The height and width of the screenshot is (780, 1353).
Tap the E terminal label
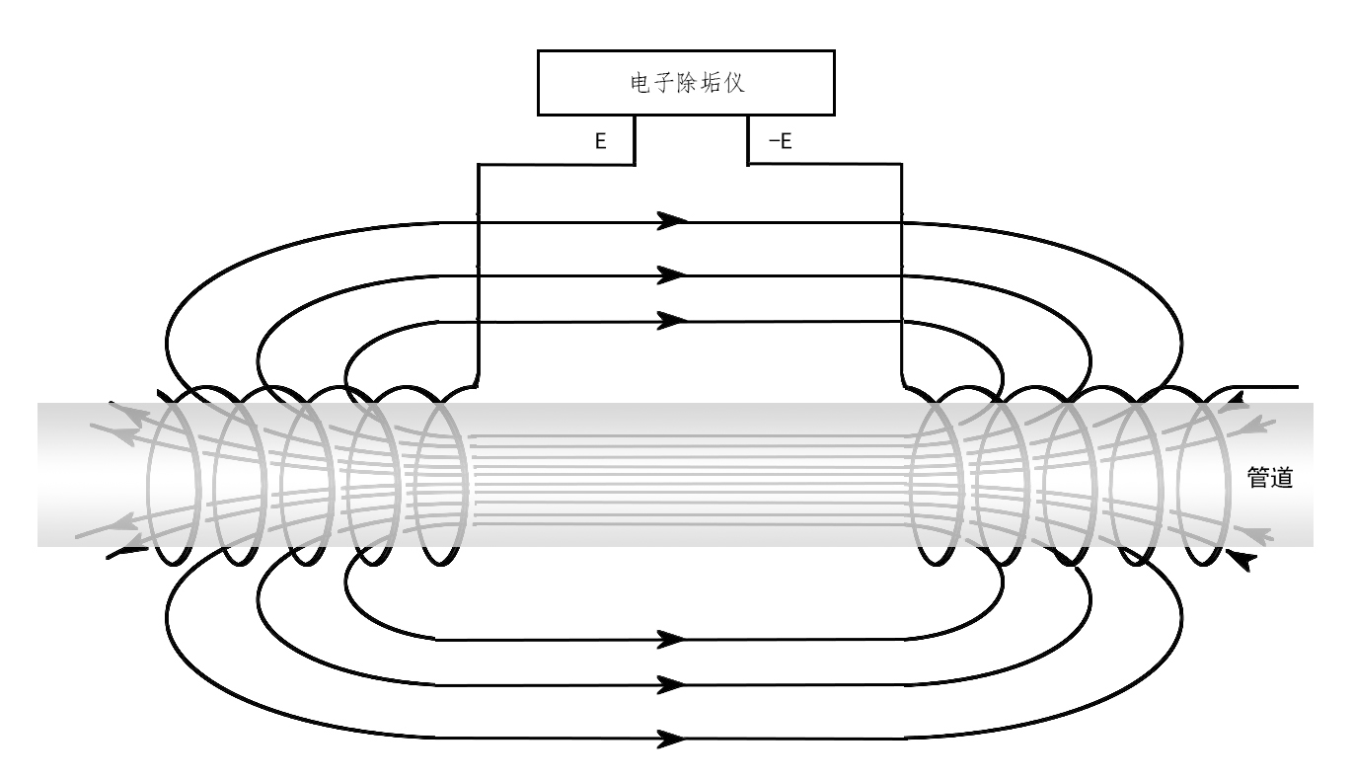[599, 141]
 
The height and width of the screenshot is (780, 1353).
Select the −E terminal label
[780, 141]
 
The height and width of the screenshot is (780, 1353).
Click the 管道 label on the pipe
[1270, 478]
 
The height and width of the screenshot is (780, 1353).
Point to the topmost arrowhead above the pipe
[672, 219]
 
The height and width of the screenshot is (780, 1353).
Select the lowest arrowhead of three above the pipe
[672, 320]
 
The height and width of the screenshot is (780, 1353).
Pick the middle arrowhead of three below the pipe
[672, 683]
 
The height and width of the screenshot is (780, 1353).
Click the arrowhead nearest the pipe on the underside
[672, 638]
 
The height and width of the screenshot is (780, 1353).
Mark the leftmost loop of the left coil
[168, 476]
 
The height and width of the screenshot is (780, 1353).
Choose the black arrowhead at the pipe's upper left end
[116, 405]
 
